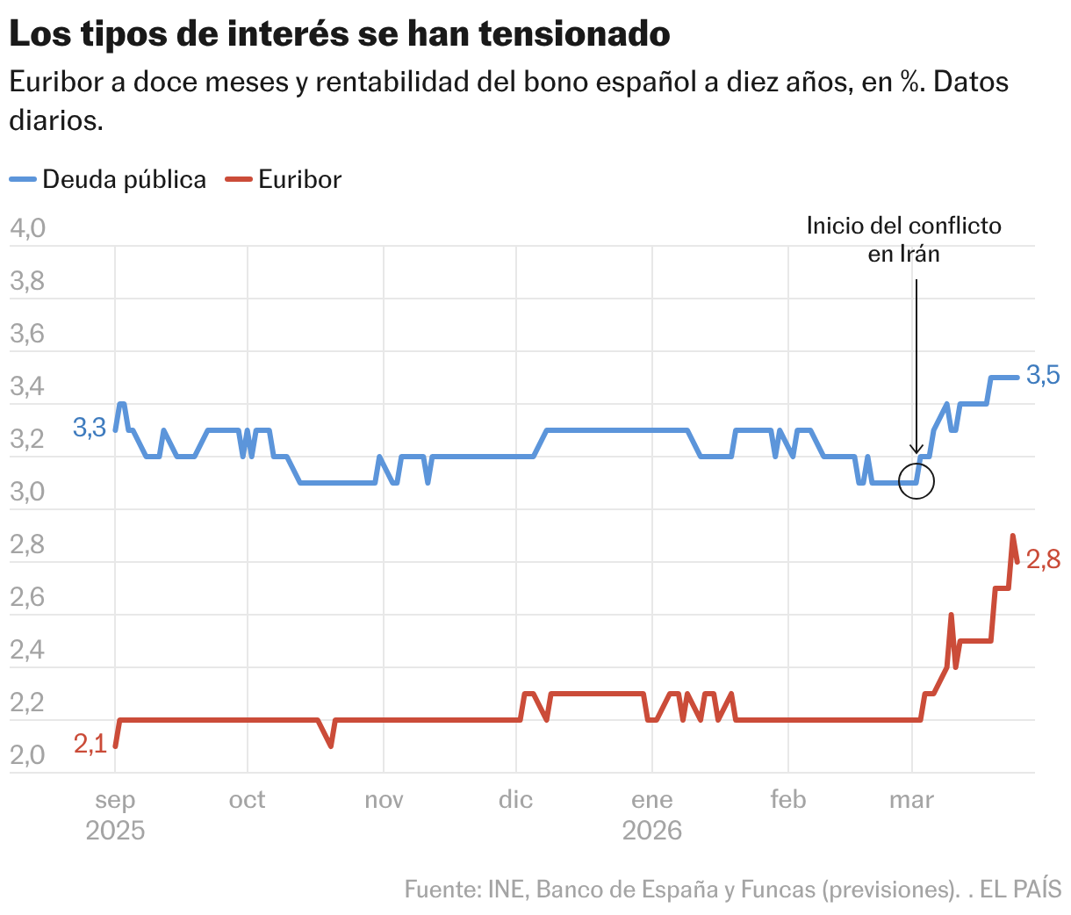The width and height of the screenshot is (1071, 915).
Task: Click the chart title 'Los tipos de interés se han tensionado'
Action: [339, 35]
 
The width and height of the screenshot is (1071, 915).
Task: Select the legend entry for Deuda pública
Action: [108, 179]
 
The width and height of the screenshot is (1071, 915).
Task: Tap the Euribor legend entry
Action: [284, 179]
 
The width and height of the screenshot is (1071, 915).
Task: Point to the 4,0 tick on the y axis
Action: [27, 229]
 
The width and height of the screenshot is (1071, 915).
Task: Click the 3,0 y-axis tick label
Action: [27, 492]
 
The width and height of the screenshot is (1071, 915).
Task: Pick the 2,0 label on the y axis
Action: [27, 755]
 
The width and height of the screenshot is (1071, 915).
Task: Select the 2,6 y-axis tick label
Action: [27, 597]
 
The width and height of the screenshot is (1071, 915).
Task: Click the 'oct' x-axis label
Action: [247, 800]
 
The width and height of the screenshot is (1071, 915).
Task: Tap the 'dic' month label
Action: [515, 800]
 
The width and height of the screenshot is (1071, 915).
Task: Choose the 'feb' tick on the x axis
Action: [787, 800]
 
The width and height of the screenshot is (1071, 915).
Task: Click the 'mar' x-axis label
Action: [911, 800]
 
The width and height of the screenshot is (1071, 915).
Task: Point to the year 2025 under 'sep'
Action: [115, 831]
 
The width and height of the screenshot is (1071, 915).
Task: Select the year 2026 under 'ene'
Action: [651, 831]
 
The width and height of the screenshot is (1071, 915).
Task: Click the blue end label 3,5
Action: [1043, 376]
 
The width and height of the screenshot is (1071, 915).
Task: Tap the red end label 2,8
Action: [1043, 558]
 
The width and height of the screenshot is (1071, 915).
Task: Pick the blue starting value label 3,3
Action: [89, 428]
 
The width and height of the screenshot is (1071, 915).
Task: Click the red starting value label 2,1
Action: [90, 744]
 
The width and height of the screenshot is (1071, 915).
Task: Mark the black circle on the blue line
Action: [916, 481]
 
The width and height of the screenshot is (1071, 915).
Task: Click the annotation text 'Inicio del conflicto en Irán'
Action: [903, 240]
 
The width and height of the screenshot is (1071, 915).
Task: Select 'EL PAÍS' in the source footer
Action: [1020, 890]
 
